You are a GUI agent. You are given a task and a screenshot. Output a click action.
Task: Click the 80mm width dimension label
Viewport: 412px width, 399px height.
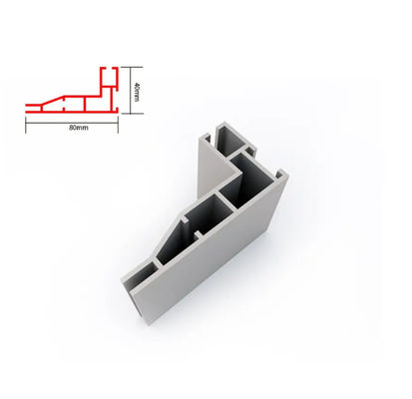tap(79, 128)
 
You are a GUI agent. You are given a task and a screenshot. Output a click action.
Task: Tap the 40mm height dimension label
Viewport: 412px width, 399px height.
tap(137, 90)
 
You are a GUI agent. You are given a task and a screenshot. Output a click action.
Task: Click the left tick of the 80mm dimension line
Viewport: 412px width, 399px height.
tap(26, 126)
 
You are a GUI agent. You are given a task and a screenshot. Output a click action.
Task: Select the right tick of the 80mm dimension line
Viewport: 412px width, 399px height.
tap(118, 126)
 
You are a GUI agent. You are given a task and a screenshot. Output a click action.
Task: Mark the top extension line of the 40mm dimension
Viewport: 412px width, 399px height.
tap(132, 67)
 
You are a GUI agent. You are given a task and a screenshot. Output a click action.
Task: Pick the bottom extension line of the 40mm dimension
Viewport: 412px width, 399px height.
tap(132, 114)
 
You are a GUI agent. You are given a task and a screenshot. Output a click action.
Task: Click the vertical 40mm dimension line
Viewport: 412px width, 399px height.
tap(130, 90)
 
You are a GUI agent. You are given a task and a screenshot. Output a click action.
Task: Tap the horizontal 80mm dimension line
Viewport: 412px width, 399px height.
tap(72, 123)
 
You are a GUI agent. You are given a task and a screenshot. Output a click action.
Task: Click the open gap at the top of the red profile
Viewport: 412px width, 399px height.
tap(109, 68)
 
